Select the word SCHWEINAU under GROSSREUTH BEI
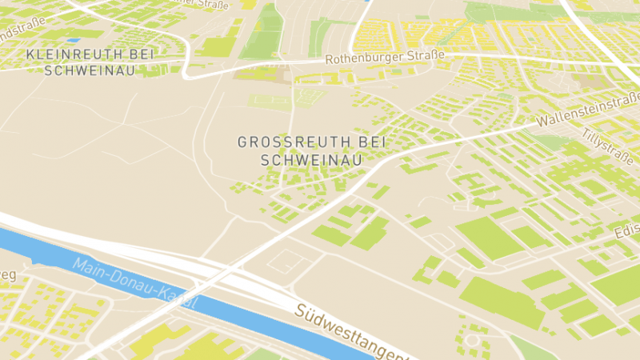pos(312,159)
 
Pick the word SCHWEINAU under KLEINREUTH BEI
pos(90,70)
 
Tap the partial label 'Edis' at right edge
pos(627,232)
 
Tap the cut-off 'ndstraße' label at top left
pos(18,35)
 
